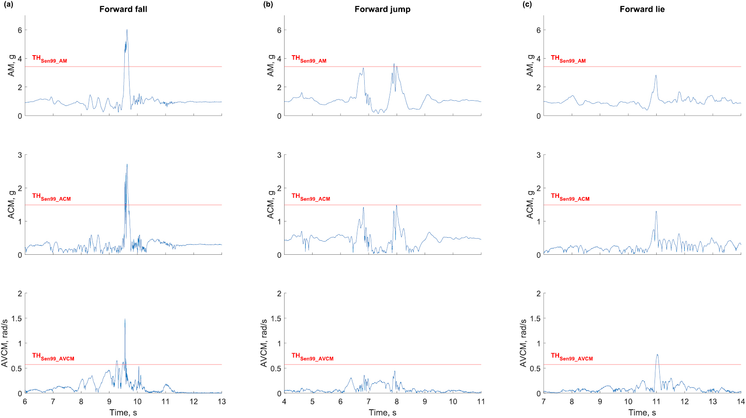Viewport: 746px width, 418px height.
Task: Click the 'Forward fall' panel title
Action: tap(123, 9)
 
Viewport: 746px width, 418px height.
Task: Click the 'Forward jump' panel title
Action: tap(382, 9)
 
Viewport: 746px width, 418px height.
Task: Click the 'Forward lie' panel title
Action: tap(642, 9)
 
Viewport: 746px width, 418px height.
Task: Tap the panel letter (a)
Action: tap(8, 5)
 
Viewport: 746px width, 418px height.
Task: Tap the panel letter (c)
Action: tap(527, 5)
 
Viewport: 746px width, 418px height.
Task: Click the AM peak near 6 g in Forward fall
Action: tap(127, 30)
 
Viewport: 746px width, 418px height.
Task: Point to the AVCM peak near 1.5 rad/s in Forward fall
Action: tap(125, 319)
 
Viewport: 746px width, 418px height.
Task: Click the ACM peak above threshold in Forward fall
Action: tap(127, 165)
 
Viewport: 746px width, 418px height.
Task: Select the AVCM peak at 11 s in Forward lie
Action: tap(657, 355)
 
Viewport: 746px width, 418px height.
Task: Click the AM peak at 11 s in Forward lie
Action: tap(656, 75)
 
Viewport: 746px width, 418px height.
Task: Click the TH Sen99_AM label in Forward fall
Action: tap(49, 59)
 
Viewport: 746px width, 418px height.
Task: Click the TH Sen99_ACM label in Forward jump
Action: tap(311, 197)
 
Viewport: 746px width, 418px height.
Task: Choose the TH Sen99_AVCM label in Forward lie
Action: tap(572, 357)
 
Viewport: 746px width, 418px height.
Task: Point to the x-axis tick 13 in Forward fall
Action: tap(222, 402)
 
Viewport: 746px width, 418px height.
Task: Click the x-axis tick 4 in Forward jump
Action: tap(284, 402)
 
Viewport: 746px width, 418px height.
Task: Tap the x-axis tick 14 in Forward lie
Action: tap(740, 402)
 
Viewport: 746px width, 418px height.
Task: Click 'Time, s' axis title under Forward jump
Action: tap(382, 412)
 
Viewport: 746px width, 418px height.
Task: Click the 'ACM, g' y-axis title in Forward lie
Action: tap(530, 204)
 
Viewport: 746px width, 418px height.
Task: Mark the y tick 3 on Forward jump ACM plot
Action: tap(279, 155)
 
